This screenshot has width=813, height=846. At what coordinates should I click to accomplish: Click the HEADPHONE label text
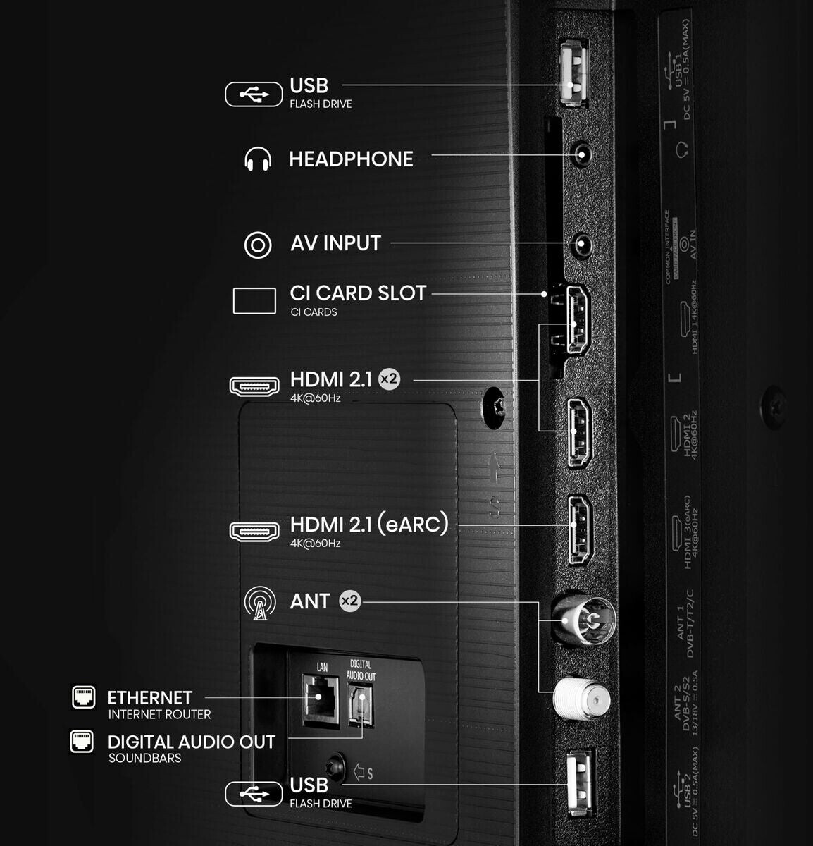351,159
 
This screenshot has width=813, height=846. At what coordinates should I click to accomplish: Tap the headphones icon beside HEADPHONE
258,159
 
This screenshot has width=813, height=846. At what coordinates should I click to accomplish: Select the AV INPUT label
335,243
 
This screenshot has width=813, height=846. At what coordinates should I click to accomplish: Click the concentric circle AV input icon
258,245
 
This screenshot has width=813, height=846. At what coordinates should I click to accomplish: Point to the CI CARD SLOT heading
358,293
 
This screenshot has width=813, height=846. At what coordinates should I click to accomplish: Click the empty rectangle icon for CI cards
254,301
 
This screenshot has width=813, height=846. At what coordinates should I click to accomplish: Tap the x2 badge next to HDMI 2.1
389,379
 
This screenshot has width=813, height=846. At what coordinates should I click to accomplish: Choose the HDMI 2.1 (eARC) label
369,525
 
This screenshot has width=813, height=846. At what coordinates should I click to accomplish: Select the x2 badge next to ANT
349,601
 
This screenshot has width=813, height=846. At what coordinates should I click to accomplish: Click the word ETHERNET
149,698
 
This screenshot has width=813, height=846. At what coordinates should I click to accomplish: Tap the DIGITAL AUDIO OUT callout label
191,742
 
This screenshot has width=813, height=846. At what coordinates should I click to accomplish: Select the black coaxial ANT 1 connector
582,620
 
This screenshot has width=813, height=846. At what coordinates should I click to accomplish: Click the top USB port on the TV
574,73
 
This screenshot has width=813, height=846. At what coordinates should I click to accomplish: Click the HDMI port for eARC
580,529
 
